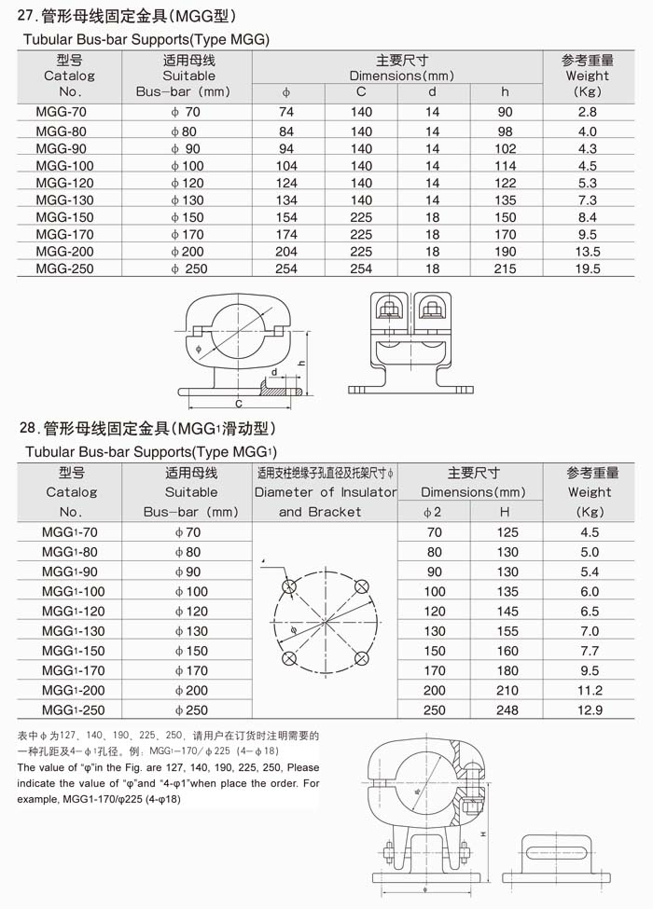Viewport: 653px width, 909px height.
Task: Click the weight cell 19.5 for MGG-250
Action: point(588,269)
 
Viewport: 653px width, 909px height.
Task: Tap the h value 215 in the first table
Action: point(506,269)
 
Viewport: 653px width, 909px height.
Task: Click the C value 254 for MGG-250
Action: point(361,269)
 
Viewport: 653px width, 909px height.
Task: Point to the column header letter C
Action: point(361,91)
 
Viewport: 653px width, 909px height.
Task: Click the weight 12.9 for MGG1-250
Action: point(590,710)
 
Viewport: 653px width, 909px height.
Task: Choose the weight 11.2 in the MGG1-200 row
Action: point(590,691)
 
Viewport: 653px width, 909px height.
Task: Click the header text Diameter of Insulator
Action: point(325,492)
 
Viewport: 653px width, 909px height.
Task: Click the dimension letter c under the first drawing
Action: point(239,404)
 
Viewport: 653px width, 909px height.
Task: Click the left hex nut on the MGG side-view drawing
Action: point(386,308)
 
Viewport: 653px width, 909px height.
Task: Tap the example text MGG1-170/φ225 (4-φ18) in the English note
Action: point(121,799)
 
